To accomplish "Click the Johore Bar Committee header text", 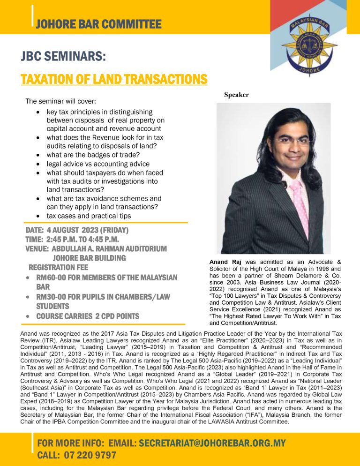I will pos(98,24).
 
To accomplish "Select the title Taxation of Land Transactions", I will pos(114,79).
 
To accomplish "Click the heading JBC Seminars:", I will pos(63,57).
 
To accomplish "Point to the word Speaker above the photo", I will pos(236,95).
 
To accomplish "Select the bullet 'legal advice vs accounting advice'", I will pos(98,164).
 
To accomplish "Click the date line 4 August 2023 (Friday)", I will pos(77,231).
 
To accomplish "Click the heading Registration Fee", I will pos(58,268).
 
